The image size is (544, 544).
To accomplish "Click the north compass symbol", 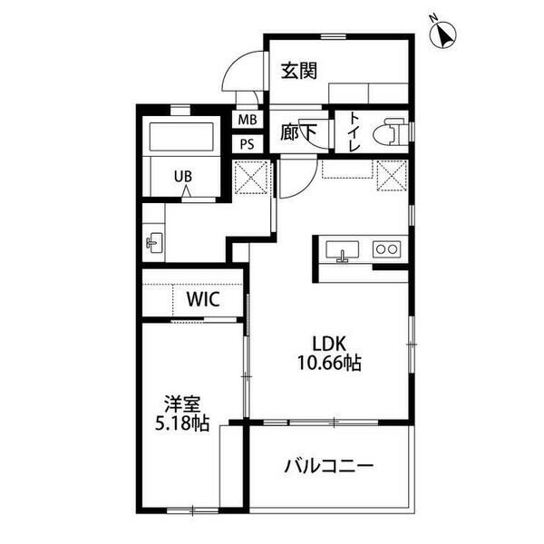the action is (x=442, y=35).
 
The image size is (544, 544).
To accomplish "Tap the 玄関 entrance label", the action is (x=298, y=71).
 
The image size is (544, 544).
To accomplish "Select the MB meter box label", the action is (x=248, y=120).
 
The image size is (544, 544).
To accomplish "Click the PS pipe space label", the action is (x=248, y=144).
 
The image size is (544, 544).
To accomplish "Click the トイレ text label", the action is (x=355, y=131).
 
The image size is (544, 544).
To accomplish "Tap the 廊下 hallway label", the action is (x=298, y=132).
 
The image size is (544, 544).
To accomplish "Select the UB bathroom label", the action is (x=183, y=177).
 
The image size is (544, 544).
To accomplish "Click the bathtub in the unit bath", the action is (x=181, y=136).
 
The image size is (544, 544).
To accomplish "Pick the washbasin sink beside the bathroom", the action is (x=154, y=242).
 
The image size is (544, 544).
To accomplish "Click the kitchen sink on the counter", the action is (x=342, y=250).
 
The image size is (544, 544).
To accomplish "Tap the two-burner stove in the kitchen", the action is (x=387, y=249).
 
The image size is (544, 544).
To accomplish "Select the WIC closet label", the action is (x=203, y=299).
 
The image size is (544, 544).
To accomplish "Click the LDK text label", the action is (x=329, y=344).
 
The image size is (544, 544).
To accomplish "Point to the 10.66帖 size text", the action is (x=329, y=363).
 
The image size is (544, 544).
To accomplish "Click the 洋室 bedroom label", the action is (x=182, y=404).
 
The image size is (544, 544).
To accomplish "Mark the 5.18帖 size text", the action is (x=182, y=423).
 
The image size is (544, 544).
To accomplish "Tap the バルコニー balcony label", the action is (x=329, y=466).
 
